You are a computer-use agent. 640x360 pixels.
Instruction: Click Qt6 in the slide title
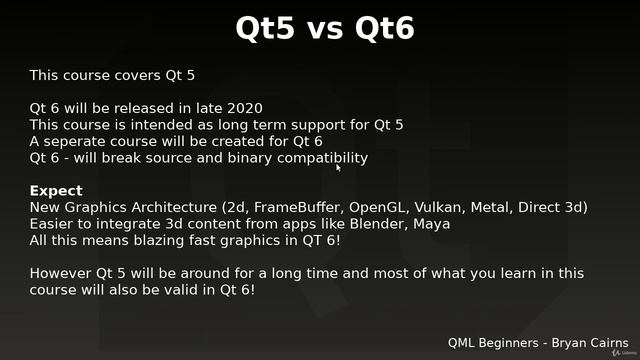click(380, 29)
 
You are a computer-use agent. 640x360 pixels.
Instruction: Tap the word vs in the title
click(324, 31)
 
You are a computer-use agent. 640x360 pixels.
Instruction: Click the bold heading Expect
click(56, 191)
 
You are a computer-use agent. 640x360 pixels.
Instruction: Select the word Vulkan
click(441, 207)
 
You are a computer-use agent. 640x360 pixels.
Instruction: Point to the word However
click(62, 273)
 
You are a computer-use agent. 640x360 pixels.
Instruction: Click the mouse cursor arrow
click(338, 167)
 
